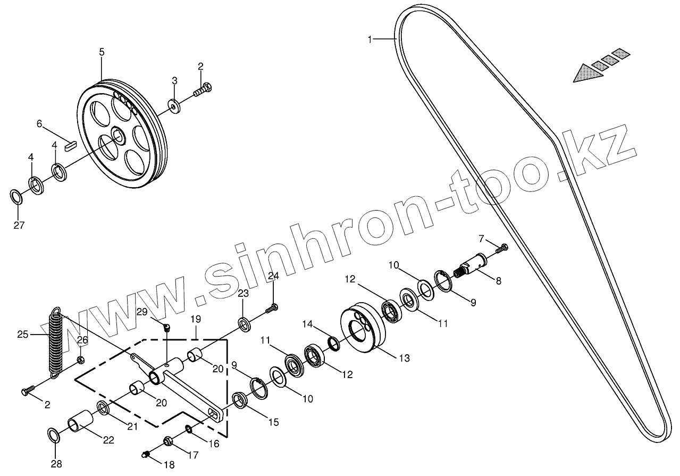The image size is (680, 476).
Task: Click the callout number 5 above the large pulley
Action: pos(102,52)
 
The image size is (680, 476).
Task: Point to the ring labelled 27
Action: pos(17,196)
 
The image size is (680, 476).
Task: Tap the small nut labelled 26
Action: pos(80,360)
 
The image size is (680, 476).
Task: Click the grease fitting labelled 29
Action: pos(166,328)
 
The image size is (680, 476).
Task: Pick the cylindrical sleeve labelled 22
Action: pos(80,421)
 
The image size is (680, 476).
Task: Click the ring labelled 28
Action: pos(54,435)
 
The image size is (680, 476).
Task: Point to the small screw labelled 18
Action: pos(146,454)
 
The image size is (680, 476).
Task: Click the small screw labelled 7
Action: pos(502,247)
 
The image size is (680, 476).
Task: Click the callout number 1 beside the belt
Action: pos(371,39)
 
